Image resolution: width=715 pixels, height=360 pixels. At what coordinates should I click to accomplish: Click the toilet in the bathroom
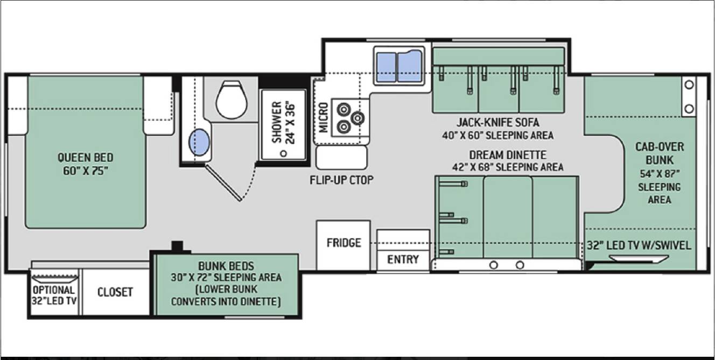[x=232, y=100]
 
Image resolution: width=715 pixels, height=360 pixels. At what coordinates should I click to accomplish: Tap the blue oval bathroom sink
[x=200, y=143]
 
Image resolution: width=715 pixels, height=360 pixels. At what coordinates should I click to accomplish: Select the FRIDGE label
[x=344, y=243]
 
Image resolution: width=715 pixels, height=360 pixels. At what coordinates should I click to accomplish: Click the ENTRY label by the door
[x=403, y=259]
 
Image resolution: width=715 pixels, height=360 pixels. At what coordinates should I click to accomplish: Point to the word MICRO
[x=324, y=117]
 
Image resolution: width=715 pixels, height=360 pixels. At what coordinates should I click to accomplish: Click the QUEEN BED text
[x=85, y=158]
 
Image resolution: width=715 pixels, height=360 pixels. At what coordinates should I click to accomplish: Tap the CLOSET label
[x=115, y=292]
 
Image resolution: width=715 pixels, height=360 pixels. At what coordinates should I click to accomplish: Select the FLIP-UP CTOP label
[x=341, y=180]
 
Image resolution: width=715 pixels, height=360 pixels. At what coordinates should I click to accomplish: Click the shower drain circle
[x=283, y=153]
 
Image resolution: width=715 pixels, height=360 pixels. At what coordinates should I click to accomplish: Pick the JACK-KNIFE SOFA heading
[x=497, y=122]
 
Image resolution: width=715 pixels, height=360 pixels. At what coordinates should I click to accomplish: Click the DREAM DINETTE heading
[x=508, y=155]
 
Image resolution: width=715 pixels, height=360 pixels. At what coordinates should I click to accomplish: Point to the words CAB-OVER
[x=660, y=147]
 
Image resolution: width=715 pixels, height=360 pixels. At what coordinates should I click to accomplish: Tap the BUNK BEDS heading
[x=226, y=266]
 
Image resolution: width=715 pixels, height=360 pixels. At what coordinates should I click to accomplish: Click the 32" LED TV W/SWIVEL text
[x=639, y=245]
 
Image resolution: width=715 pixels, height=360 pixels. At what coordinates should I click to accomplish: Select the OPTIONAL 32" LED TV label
[x=54, y=295]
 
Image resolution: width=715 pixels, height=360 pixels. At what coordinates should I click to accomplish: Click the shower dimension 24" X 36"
[x=290, y=123]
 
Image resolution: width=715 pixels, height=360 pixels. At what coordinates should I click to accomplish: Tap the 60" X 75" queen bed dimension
[x=85, y=171]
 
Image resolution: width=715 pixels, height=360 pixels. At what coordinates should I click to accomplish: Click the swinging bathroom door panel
[x=223, y=183]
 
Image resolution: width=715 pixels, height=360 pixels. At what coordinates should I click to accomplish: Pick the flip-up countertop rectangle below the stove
[x=341, y=158]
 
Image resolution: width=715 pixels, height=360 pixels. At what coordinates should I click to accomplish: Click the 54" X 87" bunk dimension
[x=660, y=174]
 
